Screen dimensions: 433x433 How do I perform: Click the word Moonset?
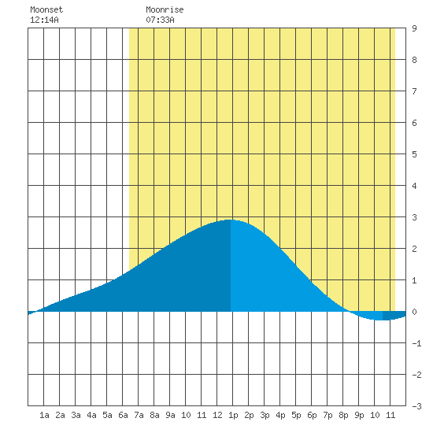coord(46,9)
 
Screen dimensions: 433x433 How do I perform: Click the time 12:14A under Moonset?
coord(44,20)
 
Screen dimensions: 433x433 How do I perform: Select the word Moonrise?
coord(165,9)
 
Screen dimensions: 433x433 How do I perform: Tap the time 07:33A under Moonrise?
coord(160,20)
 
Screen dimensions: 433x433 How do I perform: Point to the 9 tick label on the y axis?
coord(414,28)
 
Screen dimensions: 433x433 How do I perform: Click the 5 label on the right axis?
coord(414,154)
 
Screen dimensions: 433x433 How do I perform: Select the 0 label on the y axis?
coord(414,312)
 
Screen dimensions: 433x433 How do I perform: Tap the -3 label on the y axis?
coord(416,406)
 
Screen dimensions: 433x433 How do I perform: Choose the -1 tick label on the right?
coord(416,343)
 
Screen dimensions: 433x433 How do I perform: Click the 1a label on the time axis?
coord(44,415)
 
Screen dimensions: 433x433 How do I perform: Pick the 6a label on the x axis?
coord(123,415)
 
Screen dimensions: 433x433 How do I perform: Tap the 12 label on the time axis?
coord(217,415)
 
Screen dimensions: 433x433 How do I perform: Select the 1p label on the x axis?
coord(233,415)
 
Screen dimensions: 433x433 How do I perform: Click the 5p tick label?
coord(296,415)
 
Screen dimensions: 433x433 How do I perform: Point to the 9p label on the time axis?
coord(359,415)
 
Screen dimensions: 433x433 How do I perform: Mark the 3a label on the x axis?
coord(76,415)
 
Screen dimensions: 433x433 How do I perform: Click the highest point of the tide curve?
coord(231,220)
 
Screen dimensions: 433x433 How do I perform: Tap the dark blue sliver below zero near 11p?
coord(394,316)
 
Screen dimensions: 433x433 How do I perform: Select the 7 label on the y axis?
coord(414,91)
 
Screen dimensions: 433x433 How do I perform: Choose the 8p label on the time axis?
coord(343,415)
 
